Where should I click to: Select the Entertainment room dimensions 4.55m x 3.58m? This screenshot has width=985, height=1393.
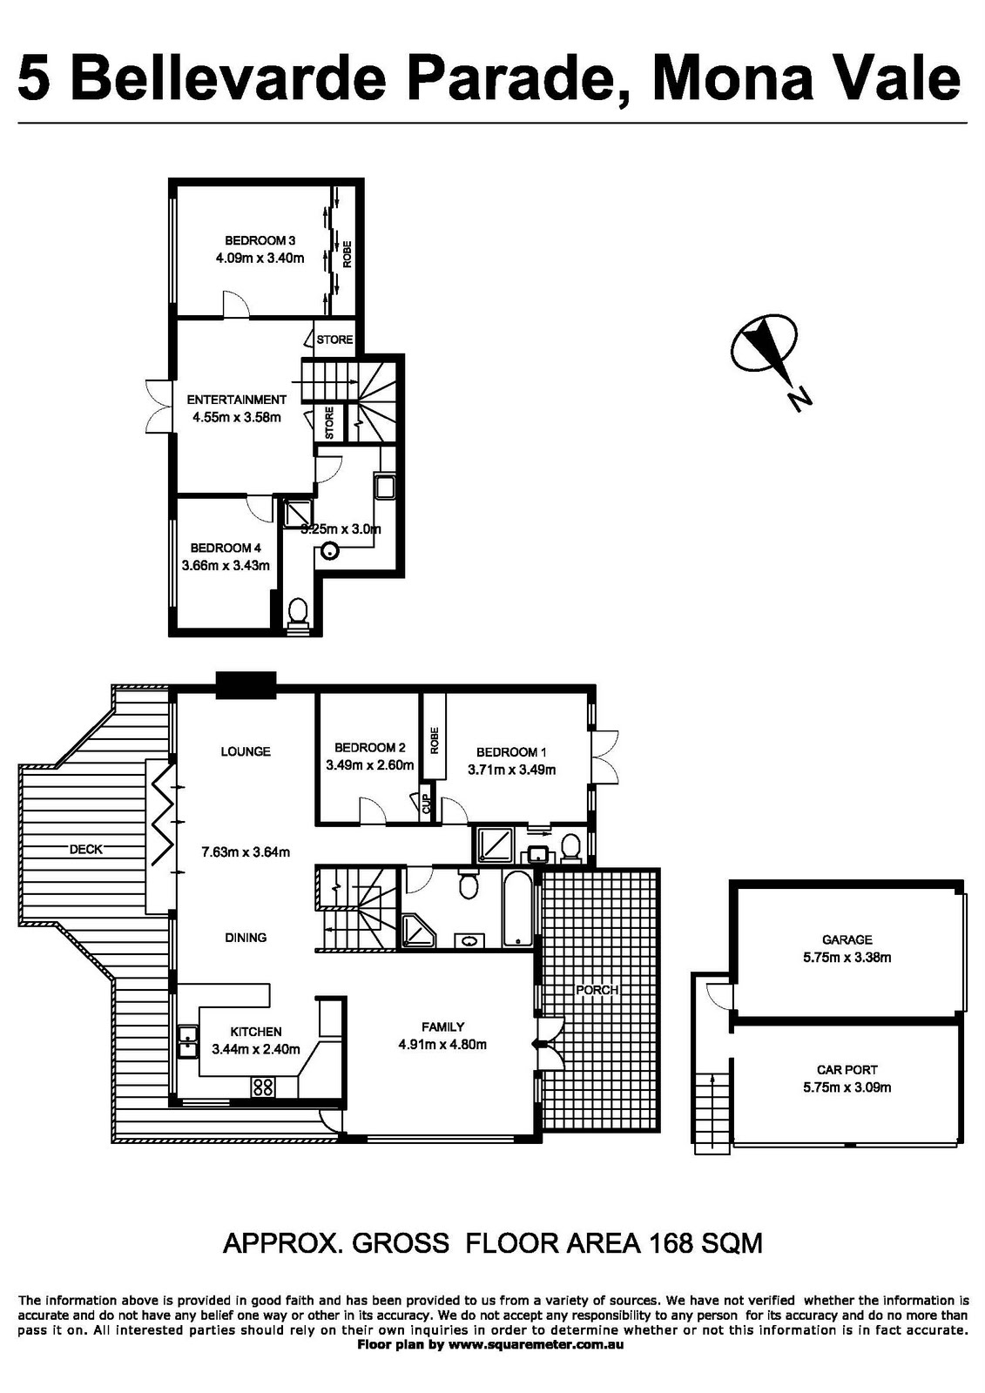pos(237,417)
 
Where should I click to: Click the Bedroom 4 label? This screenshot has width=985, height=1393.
pos(226,548)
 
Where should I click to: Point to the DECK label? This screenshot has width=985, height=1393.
pos(85,850)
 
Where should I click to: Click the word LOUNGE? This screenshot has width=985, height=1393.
pos(246,751)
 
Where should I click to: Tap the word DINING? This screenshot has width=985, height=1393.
pos(246,938)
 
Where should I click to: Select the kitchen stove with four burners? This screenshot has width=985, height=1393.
pos(263,1087)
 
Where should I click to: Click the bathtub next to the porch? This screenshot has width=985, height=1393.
pos(517,909)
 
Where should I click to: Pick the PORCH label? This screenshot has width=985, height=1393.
pos(597,990)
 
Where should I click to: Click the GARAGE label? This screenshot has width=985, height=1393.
pos(847,939)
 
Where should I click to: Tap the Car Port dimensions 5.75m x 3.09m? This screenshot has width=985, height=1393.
pos(847,1087)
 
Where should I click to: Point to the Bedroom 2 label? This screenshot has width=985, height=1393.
pos(369,747)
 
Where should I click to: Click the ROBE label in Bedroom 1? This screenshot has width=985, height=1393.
pos(434,740)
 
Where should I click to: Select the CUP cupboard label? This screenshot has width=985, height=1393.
pos(426,804)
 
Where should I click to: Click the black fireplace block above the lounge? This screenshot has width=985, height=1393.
pos(246,684)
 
